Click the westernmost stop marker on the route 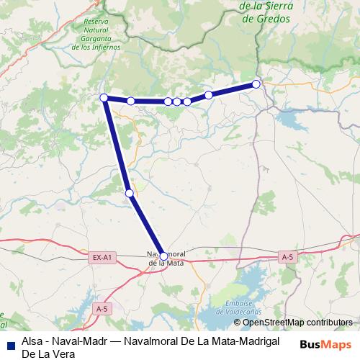pyautogui.click(x=104, y=97)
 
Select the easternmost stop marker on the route pyautogui.click(x=256, y=84)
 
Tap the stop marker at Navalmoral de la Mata pyautogui.click(x=163, y=256)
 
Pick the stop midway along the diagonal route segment pyautogui.click(x=129, y=193)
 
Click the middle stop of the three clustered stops pyautogui.click(x=177, y=102)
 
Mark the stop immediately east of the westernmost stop pyautogui.click(x=131, y=101)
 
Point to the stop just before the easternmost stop pyautogui.click(x=209, y=95)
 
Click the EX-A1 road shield pyautogui.click(x=102, y=257)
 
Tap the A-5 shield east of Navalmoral pyautogui.click(x=287, y=257)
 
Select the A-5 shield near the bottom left pyautogui.click(x=102, y=309)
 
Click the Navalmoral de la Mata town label pyautogui.click(x=167, y=259)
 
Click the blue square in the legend pyautogui.click(x=9, y=344)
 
